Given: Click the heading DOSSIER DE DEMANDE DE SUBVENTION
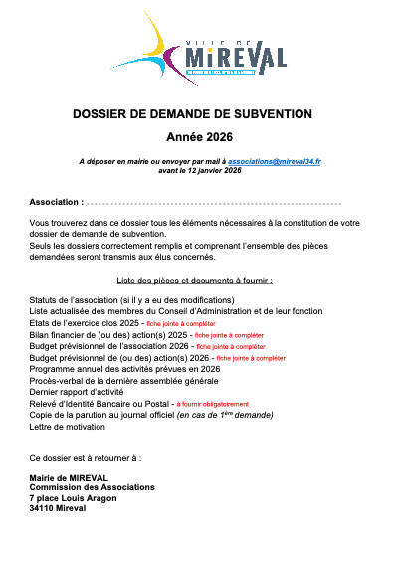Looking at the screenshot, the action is pos(199,115).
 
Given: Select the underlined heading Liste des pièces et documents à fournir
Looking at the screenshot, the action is pos(199,281).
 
